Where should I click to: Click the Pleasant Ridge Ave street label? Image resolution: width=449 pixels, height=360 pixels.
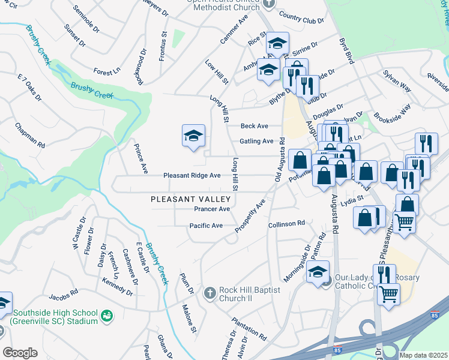coord(192,176)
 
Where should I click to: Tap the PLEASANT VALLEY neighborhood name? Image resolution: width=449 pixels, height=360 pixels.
coord(191,199)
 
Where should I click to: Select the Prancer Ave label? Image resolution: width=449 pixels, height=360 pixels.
coord(212,209)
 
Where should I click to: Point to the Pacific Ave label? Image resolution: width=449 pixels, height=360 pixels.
coord(206,226)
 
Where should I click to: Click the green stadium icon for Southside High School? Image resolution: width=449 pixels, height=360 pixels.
coord(107,314)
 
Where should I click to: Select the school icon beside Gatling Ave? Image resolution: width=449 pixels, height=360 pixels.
coord(194,137)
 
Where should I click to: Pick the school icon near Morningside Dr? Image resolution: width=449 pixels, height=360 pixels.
coord(318,271)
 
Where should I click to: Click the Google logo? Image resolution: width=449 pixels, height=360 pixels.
coord(20,353)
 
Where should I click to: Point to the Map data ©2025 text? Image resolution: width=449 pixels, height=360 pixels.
coord(423,355)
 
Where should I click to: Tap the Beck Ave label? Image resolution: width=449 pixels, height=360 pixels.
coord(254,126)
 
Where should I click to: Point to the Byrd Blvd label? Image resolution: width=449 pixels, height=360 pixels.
coord(347,52)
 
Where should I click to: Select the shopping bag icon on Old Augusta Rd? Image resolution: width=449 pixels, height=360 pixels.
coord(300,161)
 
